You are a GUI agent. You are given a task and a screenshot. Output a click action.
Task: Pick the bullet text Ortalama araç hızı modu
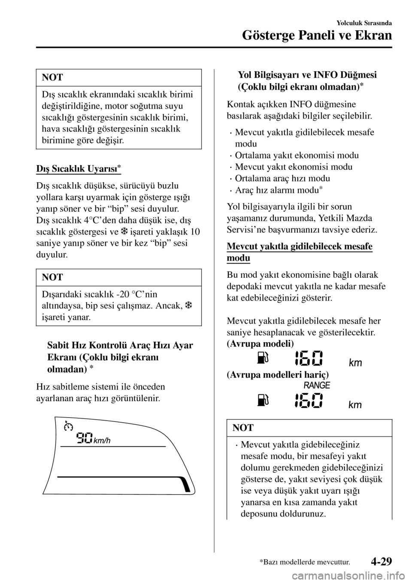tap(283, 178)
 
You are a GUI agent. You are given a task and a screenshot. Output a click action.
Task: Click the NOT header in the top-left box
tap(52, 77)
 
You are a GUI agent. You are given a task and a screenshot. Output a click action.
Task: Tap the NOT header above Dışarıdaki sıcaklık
tap(52, 277)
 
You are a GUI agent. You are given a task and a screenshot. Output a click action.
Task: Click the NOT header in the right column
tap(243, 427)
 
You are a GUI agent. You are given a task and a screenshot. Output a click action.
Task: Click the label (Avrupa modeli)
tap(260, 344)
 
